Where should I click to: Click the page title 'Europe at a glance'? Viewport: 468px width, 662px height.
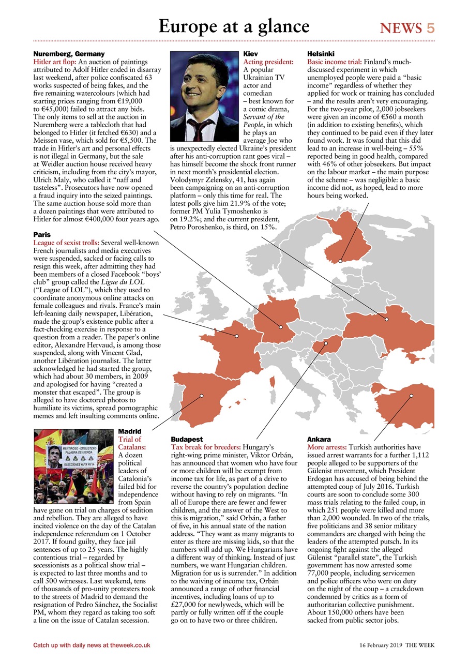(x=234, y=26)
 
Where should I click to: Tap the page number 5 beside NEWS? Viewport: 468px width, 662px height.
(x=430, y=28)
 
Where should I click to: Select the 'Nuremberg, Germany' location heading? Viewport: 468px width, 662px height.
(x=69, y=54)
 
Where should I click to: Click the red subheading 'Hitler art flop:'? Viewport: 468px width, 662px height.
(x=54, y=62)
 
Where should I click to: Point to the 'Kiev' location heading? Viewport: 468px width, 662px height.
(x=250, y=54)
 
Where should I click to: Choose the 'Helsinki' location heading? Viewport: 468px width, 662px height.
(x=321, y=54)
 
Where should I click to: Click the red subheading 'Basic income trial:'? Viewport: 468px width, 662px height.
(x=335, y=62)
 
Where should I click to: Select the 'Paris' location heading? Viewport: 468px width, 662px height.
(x=42, y=234)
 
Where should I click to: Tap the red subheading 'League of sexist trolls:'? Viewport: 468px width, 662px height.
(x=66, y=242)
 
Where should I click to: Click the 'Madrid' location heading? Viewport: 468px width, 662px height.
(x=130, y=431)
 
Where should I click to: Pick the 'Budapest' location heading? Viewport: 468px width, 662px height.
(x=187, y=439)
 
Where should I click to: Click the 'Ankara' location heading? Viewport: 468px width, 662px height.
(x=319, y=439)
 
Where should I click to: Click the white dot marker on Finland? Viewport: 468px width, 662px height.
(x=340, y=261)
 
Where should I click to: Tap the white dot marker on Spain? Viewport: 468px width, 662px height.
(x=202, y=396)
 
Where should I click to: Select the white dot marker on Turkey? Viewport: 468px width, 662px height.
(x=411, y=396)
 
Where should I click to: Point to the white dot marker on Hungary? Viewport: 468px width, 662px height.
(x=326, y=342)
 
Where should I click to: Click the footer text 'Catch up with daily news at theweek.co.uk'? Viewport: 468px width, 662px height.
(x=92, y=645)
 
